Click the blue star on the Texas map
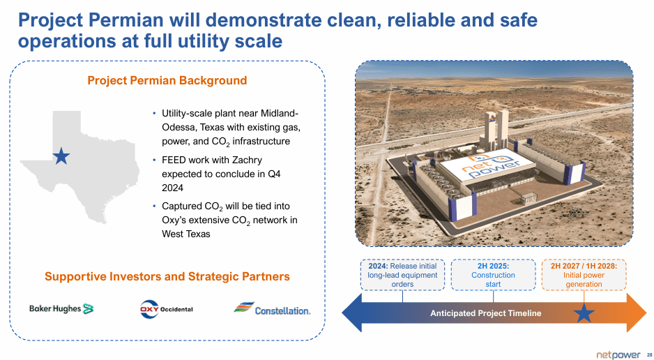point(61,156)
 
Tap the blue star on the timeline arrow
point(584,313)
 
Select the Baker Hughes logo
point(61,308)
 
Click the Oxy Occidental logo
point(167,309)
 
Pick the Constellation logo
point(272,308)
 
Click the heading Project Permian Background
point(167,80)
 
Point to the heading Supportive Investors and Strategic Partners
point(167,276)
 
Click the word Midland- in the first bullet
point(280,114)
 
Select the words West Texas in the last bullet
point(186,234)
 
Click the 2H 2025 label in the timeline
point(493,266)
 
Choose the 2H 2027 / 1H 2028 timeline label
point(584,266)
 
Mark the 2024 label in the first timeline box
point(379,266)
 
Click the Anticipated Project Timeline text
point(486,313)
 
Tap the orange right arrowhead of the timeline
point(637,313)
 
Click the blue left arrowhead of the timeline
point(351,313)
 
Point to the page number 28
point(649,355)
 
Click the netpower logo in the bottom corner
point(618,355)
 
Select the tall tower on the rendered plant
point(496,130)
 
